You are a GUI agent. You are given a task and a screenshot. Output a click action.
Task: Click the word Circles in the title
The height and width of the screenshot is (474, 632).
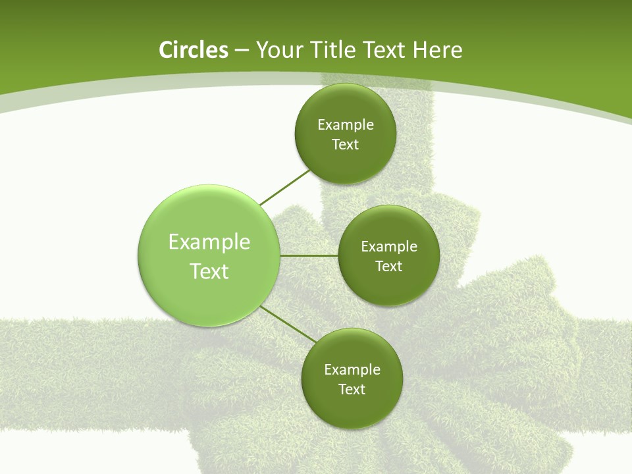point(194,50)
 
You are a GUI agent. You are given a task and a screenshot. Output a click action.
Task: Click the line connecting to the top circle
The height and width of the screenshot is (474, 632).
point(284,188)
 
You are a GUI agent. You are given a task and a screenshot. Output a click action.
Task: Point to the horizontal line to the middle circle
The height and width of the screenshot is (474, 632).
point(309,255)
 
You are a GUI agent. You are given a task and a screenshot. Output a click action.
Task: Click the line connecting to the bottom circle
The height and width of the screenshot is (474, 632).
point(288,324)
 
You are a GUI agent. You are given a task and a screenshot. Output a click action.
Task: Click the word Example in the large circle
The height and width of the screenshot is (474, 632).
point(209,242)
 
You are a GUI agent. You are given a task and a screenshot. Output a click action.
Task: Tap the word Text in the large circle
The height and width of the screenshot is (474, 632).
point(209,271)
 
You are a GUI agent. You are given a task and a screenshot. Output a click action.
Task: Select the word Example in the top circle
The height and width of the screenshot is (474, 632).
point(346,125)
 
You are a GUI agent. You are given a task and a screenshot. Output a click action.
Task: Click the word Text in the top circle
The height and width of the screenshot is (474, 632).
point(345,145)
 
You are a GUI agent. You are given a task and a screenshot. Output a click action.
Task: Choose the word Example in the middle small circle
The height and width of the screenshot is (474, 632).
point(389,247)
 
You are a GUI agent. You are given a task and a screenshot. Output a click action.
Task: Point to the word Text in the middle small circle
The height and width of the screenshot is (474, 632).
point(388,267)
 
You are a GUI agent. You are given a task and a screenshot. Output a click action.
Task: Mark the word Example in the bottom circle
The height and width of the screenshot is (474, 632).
point(352,369)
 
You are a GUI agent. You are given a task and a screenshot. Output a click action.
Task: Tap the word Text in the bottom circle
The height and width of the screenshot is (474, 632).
point(352,389)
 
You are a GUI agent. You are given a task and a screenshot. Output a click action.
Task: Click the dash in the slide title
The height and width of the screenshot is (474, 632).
point(242,51)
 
